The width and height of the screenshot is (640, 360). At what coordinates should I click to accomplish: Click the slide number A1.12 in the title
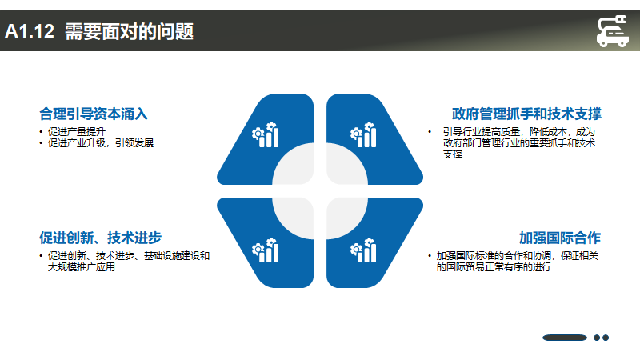click(30, 31)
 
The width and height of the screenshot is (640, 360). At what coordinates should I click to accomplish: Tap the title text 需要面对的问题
click(129, 31)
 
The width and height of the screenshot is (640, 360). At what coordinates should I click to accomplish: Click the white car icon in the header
click(612, 31)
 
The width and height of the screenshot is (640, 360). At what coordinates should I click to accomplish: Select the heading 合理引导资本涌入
click(94, 114)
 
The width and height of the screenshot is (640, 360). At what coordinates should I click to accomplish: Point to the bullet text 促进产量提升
click(77, 132)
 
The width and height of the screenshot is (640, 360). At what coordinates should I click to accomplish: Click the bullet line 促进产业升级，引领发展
click(101, 143)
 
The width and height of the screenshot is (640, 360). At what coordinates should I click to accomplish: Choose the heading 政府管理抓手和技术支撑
click(526, 114)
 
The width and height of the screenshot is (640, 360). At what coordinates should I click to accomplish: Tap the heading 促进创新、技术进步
click(101, 238)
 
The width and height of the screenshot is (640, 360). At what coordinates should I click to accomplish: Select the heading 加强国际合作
click(560, 238)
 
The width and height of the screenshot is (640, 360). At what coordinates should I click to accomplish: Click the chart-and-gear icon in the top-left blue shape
click(266, 134)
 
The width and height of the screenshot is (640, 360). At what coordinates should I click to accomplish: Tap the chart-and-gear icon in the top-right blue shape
click(363, 134)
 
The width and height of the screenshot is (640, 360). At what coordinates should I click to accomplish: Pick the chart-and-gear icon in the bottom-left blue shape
click(266, 250)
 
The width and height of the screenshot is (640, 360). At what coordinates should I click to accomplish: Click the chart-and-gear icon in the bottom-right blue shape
click(363, 250)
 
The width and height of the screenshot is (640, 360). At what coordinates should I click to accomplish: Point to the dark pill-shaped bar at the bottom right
click(565, 338)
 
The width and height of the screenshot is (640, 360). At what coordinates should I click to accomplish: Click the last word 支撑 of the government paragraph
click(453, 154)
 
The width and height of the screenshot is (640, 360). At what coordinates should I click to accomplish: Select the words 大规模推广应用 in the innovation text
click(82, 267)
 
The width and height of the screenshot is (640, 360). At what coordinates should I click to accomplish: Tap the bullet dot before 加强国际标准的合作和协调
click(430, 256)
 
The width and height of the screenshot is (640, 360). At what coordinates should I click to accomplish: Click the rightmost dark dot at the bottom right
click(606, 338)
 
